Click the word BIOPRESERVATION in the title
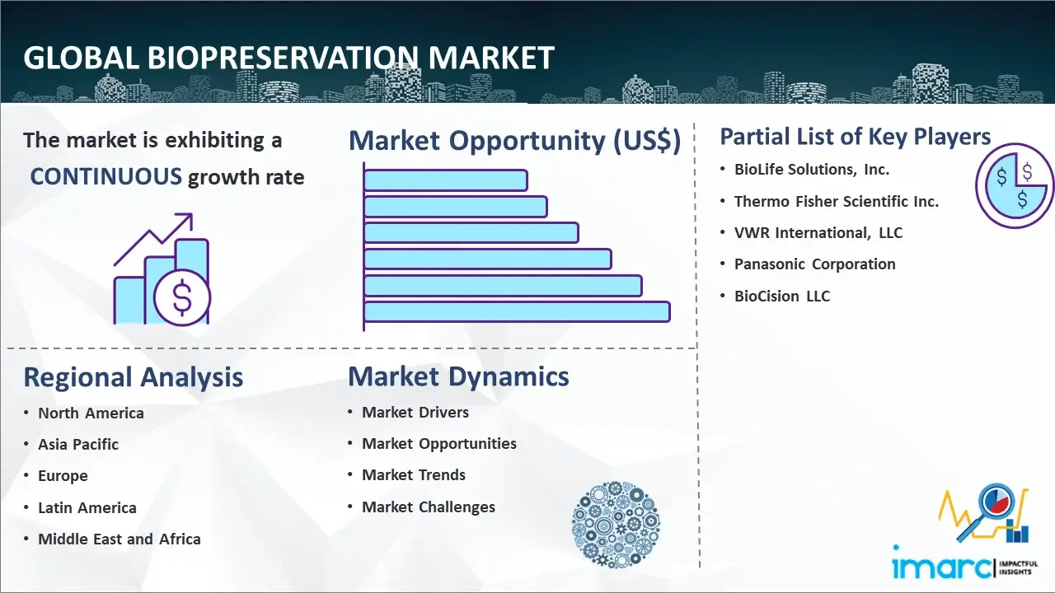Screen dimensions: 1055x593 tap(283, 58)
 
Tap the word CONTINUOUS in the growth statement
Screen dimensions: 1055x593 tap(106, 176)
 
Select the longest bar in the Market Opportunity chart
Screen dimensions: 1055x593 tap(517, 311)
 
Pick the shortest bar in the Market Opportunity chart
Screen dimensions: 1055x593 tap(446, 180)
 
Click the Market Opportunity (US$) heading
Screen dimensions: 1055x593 tap(515, 140)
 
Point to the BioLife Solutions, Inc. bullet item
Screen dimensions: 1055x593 tap(812, 170)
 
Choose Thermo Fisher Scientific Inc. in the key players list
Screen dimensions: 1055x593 tap(837, 202)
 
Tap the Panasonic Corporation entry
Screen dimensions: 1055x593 tap(815, 264)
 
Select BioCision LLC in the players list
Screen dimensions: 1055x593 tap(782, 296)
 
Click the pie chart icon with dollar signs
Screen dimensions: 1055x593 tap(1015, 185)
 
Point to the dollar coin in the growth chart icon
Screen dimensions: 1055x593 tap(182, 297)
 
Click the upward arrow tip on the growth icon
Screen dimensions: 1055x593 tap(192, 214)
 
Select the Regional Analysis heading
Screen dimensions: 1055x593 tap(134, 377)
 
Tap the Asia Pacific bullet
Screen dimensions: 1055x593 tap(78, 444)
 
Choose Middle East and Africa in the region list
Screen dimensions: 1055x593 tap(120, 539)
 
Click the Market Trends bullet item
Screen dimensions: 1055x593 tap(414, 475)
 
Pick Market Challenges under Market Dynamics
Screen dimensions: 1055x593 tap(429, 507)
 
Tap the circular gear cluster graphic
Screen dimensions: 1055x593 tap(616, 525)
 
